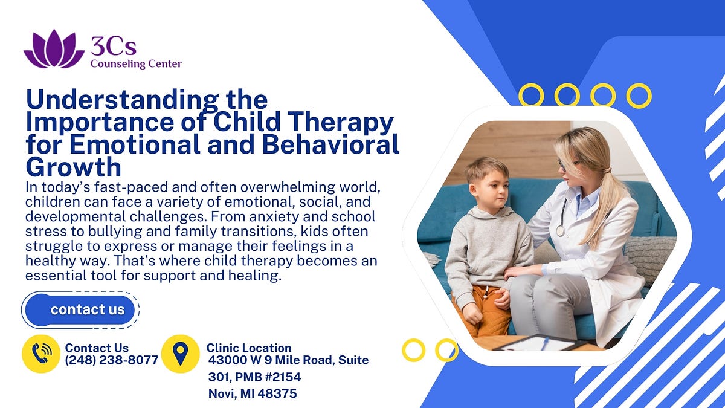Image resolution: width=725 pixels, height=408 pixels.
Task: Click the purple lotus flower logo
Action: (x=54, y=50)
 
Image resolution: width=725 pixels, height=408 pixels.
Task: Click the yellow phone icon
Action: (x=42, y=354)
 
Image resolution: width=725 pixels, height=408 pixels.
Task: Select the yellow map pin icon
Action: (x=180, y=354)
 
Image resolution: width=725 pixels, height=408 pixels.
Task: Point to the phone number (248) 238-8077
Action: (x=112, y=360)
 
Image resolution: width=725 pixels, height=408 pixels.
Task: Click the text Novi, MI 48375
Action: (x=253, y=393)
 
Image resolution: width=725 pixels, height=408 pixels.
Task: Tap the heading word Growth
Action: (x=73, y=167)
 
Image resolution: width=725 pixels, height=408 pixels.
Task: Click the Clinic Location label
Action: (x=249, y=348)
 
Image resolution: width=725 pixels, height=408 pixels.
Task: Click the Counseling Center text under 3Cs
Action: (x=136, y=64)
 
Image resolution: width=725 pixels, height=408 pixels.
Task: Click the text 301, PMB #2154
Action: (x=254, y=377)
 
